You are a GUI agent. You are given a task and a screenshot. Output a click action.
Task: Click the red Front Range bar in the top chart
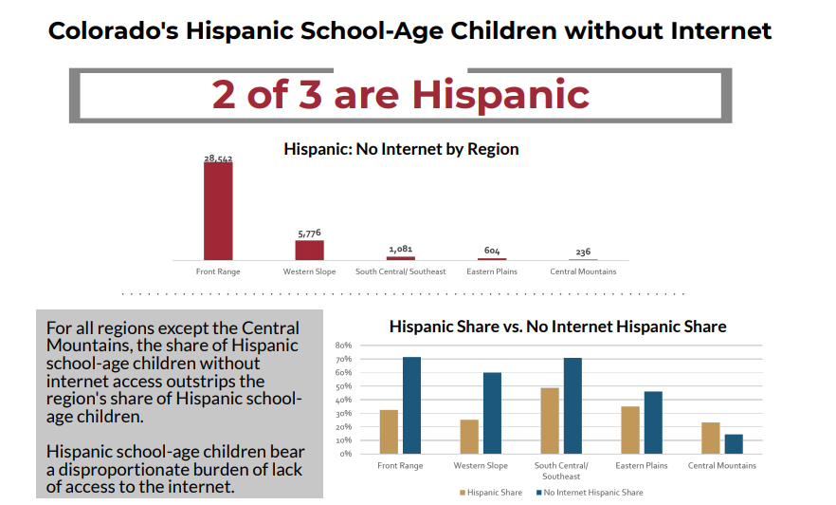218,211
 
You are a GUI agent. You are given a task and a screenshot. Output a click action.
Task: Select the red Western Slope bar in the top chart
309,250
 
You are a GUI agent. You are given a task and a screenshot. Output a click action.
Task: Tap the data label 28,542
218,159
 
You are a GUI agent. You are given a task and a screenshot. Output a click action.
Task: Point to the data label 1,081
400,250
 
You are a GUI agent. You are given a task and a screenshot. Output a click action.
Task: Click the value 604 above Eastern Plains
492,252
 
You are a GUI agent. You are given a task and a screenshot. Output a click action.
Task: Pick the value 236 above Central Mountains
583,252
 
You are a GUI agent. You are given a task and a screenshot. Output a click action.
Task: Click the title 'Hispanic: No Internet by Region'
401,149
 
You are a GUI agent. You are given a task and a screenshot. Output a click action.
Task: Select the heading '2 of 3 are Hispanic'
400,94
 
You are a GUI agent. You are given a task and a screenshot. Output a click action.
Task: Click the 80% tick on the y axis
344,346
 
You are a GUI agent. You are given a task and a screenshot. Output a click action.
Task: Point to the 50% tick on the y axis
344,386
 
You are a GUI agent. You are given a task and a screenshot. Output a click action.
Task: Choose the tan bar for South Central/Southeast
550,421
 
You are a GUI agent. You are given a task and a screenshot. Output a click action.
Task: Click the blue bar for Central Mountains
734,443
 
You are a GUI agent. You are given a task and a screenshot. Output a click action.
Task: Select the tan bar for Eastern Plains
630,430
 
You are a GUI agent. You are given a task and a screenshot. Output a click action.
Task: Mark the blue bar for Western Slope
492,413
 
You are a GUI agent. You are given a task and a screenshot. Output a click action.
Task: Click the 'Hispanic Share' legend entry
491,493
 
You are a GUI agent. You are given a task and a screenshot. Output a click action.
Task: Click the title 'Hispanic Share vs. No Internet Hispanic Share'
557,327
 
